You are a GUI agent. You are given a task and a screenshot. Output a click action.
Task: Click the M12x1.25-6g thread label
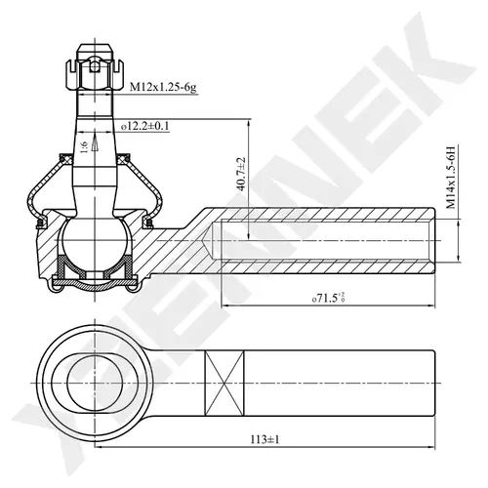click(163, 88)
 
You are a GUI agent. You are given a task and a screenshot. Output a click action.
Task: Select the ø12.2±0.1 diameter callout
click(145, 126)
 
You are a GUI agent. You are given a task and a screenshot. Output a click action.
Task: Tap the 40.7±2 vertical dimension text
click(241, 175)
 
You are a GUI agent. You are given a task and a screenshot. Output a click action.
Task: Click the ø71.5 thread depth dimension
click(328, 298)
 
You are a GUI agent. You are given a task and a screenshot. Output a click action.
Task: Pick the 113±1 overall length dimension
click(264, 439)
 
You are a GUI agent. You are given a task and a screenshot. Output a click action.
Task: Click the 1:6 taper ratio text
click(84, 147)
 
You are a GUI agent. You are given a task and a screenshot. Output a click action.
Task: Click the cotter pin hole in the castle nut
click(94, 67)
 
